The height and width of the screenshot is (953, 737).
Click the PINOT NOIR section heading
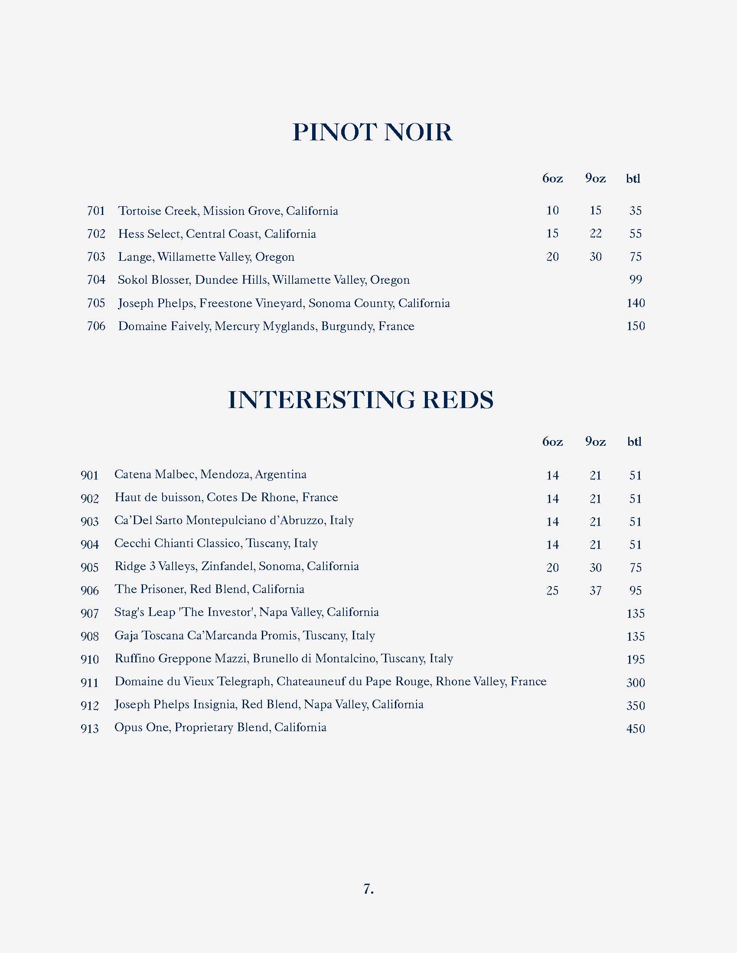click(x=372, y=132)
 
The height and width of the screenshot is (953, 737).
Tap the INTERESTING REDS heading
click(x=361, y=400)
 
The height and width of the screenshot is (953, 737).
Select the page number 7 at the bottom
click(x=368, y=889)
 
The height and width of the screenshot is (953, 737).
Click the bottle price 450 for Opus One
click(x=635, y=729)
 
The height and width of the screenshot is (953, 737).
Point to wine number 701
click(x=96, y=211)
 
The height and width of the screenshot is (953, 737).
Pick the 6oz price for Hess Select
click(x=552, y=233)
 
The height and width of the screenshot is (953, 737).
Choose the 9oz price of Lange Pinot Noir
click(x=596, y=256)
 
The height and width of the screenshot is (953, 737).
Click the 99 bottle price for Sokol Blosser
click(x=635, y=280)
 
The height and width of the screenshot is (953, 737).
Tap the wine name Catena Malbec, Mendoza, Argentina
click(x=210, y=474)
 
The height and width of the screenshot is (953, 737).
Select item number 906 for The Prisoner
click(x=89, y=590)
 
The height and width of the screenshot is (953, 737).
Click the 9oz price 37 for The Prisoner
click(x=596, y=590)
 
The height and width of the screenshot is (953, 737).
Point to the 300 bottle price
click(x=635, y=682)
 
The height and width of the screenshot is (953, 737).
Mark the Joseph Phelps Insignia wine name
click(x=269, y=704)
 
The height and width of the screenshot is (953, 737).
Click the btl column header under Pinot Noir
click(x=633, y=178)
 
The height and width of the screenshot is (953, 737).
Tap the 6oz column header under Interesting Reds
click(x=552, y=441)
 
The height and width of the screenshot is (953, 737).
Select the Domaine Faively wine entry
click(x=266, y=326)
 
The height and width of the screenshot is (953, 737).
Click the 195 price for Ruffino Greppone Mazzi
click(x=635, y=659)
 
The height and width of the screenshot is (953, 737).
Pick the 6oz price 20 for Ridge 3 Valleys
click(x=552, y=568)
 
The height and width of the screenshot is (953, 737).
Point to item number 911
click(x=89, y=682)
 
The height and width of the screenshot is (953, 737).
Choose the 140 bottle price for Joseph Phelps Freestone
click(x=635, y=303)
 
